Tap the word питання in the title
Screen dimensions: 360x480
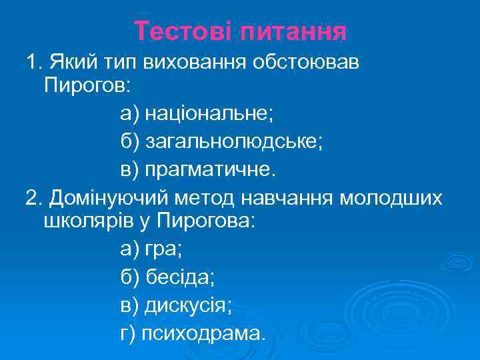[291, 31]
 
